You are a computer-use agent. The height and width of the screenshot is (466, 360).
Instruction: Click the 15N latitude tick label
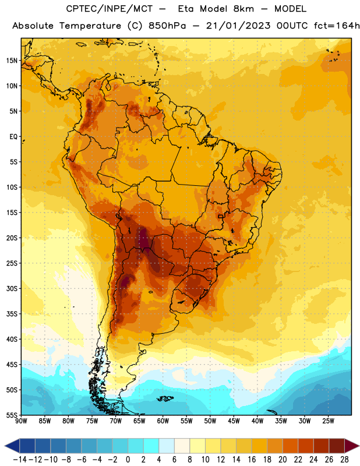point(12,61)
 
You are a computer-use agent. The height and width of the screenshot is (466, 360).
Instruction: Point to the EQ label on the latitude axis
point(13,137)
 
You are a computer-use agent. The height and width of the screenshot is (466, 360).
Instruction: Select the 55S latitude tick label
point(12,415)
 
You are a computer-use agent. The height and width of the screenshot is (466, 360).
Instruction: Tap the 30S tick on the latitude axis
point(12,288)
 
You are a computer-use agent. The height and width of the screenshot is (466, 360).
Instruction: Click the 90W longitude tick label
point(21,421)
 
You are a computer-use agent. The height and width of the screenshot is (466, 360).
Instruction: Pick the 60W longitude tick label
point(163,421)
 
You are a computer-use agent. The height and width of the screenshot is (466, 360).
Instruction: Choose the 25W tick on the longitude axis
point(328,421)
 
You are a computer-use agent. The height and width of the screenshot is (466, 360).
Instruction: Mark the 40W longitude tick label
point(257,421)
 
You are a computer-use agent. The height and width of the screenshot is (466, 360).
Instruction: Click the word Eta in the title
point(185,9)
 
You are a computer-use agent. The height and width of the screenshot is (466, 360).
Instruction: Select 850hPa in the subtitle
point(167,26)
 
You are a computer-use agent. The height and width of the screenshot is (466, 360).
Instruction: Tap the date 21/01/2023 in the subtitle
point(238,26)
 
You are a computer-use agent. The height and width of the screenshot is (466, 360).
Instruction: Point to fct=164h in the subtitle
point(337,26)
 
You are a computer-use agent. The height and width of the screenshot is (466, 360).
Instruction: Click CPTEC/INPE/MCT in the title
point(109,9)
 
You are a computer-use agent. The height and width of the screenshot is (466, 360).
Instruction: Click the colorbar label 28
point(344,460)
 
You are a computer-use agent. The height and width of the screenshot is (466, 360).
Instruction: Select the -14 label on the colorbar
point(20,460)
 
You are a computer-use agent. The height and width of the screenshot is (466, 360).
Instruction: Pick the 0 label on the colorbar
point(128,460)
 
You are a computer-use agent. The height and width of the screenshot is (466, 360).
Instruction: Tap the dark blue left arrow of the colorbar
point(12,446)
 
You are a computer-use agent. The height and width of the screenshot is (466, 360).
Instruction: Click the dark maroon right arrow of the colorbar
point(352,446)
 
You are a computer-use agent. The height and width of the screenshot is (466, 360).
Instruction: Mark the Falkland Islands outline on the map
point(165,398)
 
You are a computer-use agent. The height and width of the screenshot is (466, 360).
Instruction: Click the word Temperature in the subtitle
point(90,26)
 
